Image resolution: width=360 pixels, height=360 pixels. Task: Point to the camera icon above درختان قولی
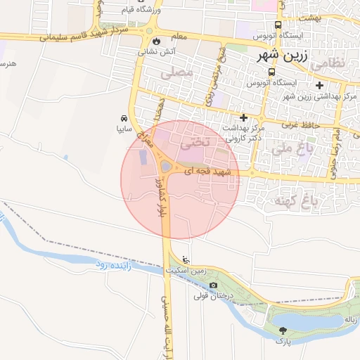coord(213,285)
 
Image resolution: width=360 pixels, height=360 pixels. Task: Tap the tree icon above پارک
coord(283,330)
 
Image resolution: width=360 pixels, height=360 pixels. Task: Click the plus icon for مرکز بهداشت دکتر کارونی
coord(244,117)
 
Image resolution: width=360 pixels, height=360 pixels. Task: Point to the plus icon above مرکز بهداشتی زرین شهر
coord(320,85)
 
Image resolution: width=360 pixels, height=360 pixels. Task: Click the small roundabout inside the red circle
coord(167,166)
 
